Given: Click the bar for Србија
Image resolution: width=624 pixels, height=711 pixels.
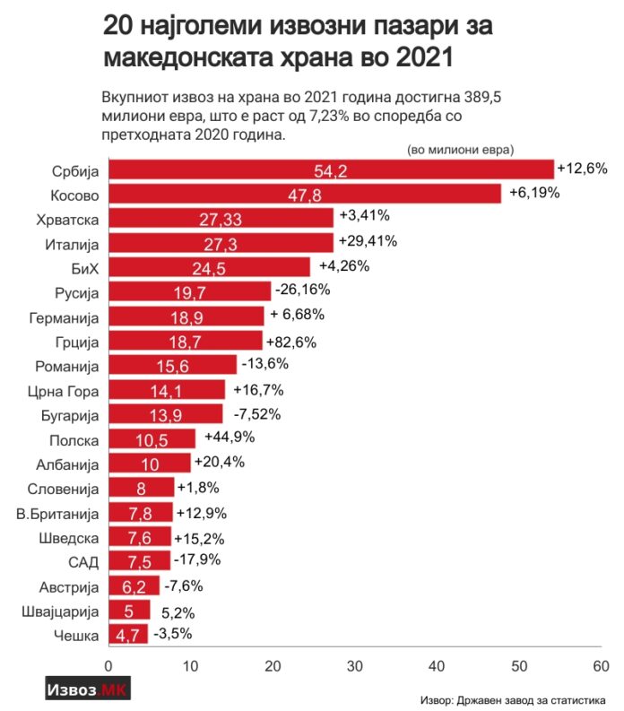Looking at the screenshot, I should [331, 169].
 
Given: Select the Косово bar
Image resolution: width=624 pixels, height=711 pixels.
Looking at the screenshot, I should [305, 194].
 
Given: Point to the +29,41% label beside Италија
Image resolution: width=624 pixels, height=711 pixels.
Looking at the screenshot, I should [368, 241].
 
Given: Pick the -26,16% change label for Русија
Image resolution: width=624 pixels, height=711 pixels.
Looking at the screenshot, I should [303, 290].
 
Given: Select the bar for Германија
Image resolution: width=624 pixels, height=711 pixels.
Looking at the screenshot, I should [186, 316].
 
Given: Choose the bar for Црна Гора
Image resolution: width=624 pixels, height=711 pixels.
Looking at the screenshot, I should [167, 389].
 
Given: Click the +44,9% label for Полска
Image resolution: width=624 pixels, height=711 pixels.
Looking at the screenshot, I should [230, 438].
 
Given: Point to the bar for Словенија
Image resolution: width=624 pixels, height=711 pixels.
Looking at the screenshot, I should [141, 488].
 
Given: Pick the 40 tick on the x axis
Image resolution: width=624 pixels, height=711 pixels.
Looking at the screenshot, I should [437, 666].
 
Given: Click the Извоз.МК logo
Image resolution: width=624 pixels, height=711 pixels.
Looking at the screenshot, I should [88, 690].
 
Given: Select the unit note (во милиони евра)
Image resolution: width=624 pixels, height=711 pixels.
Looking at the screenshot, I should [465, 150].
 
